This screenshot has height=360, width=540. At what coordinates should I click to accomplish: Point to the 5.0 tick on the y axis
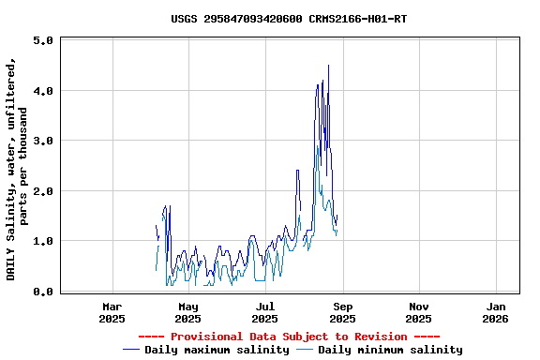[42, 41]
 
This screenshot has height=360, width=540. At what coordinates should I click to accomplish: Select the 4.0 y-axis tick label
[42, 91]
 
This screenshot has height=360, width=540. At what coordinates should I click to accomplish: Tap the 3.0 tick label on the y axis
[42, 141]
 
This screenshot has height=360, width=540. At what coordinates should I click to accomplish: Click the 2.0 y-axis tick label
[42, 191]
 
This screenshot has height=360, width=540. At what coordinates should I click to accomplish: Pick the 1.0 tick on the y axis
[42, 241]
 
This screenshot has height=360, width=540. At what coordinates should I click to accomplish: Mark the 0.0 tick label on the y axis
[42, 292]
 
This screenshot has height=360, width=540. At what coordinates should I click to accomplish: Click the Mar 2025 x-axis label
[112, 312]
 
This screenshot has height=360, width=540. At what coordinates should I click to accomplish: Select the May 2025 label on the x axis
[188, 312]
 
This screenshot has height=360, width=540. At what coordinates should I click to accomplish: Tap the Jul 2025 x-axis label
[265, 312]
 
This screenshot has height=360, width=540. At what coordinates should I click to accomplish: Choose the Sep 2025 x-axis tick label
[342, 312]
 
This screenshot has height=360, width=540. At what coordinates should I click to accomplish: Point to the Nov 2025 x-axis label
[419, 312]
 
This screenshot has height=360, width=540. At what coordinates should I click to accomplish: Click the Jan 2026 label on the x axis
[496, 312]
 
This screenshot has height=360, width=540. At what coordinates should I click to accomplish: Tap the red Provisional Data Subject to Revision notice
[289, 337]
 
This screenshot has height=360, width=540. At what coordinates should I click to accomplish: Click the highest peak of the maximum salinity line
[328, 66]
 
